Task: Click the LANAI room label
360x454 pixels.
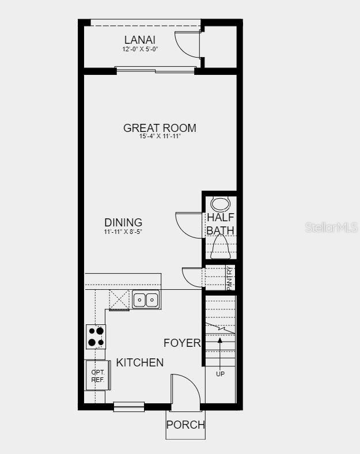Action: [x=140, y=40]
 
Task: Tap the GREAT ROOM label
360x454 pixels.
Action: [x=160, y=128]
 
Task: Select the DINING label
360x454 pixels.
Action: [x=123, y=222]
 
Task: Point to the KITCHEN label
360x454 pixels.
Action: [x=140, y=362]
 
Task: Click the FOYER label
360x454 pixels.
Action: [x=182, y=343]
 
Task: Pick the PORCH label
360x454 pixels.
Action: [x=185, y=425]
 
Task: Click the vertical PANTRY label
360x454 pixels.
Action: [x=229, y=278]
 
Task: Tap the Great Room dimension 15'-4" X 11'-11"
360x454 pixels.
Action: [x=160, y=137]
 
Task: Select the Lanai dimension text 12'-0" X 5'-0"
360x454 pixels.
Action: [x=140, y=49]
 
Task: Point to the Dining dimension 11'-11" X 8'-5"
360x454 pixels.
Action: [x=123, y=232]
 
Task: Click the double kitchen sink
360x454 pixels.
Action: [x=146, y=300]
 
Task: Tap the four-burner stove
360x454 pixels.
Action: [x=96, y=336]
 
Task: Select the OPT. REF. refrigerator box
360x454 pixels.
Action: [x=97, y=376]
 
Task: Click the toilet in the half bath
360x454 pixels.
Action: [x=220, y=247]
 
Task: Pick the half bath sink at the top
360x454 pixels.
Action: [x=221, y=205]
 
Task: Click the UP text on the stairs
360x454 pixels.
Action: [x=220, y=374]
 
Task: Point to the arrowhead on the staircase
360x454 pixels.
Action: [x=220, y=340]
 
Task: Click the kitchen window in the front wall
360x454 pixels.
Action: [x=129, y=407]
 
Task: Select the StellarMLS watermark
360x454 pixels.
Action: [x=332, y=228]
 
